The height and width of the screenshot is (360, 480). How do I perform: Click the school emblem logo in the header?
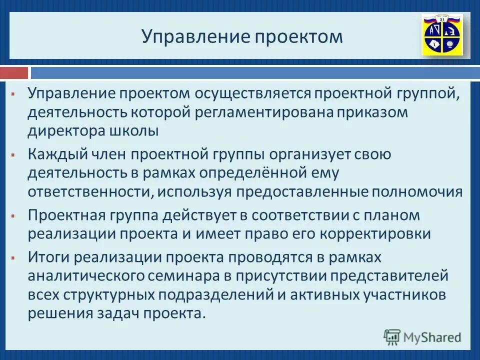click(x=442, y=34)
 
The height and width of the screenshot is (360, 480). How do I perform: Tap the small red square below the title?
click(x=13, y=73)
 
